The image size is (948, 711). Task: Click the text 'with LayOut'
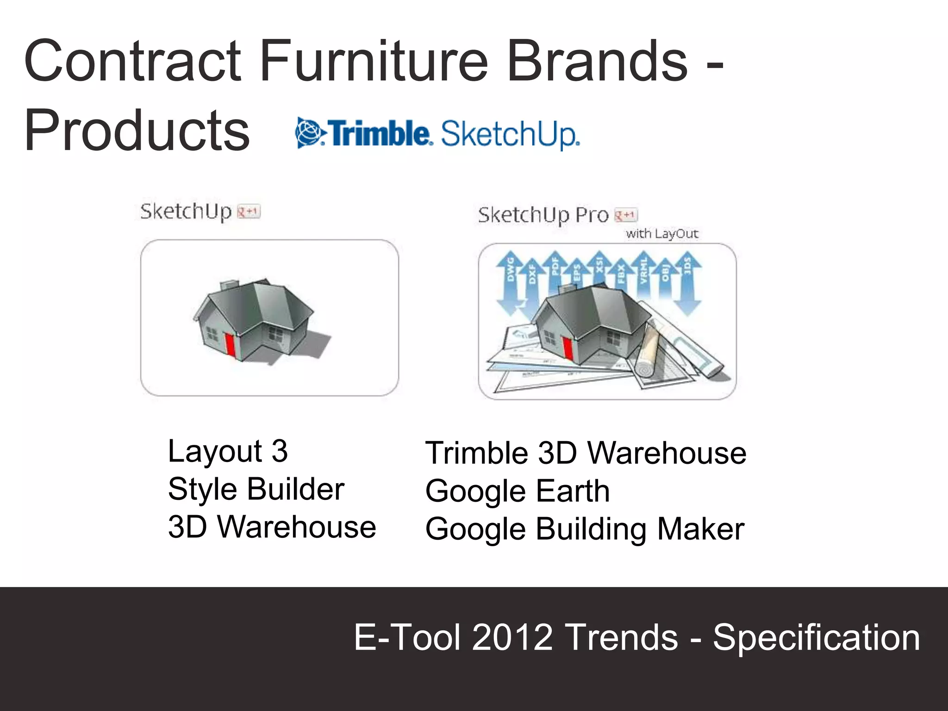click(x=661, y=233)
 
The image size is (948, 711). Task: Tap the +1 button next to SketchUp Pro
click(x=626, y=215)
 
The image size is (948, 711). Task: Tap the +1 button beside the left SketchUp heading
click(x=249, y=212)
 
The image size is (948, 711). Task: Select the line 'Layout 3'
click(x=228, y=451)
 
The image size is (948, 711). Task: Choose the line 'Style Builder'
click(x=256, y=489)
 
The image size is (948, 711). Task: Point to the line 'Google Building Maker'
click(x=585, y=529)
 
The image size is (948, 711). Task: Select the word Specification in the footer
click(x=816, y=638)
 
